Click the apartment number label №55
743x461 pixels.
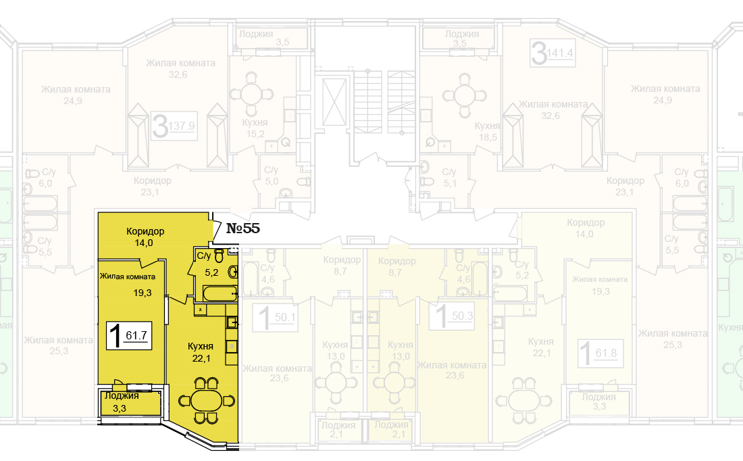tap(242, 228)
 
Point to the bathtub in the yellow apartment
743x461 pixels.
tap(219, 293)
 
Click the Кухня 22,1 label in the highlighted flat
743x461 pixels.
tap(201, 351)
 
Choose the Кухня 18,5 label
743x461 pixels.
tap(487, 131)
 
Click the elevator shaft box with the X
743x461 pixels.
tap(334, 101)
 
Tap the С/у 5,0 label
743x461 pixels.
tap(271, 176)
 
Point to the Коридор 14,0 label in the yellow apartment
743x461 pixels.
tap(145, 237)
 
